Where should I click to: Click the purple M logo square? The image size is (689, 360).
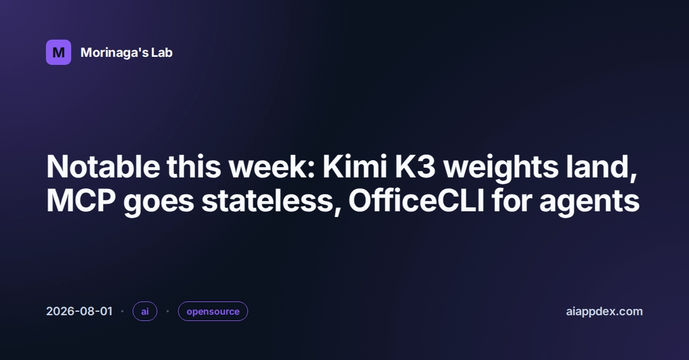tap(59, 52)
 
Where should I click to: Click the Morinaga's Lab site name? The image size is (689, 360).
tap(126, 53)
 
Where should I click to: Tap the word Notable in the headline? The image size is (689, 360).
tap(103, 167)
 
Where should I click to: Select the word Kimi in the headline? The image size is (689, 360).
tap(355, 167)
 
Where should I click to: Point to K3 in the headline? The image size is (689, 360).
tap(415, 167)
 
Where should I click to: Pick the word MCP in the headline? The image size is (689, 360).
tap(81, 201)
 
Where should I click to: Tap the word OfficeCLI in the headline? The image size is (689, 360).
tap(416, 200)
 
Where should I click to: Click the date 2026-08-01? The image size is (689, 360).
tap(79, 311)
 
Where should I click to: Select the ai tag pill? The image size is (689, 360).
tap(145, 311)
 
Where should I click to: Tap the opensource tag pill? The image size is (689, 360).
tap(213, 311)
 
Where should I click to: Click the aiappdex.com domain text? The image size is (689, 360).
tap(605, 311)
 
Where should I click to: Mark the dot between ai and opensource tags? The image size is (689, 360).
tap(168, 311)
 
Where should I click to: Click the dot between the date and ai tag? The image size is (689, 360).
tap(122, 311)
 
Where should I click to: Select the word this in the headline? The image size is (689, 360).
tap(194, 167)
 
